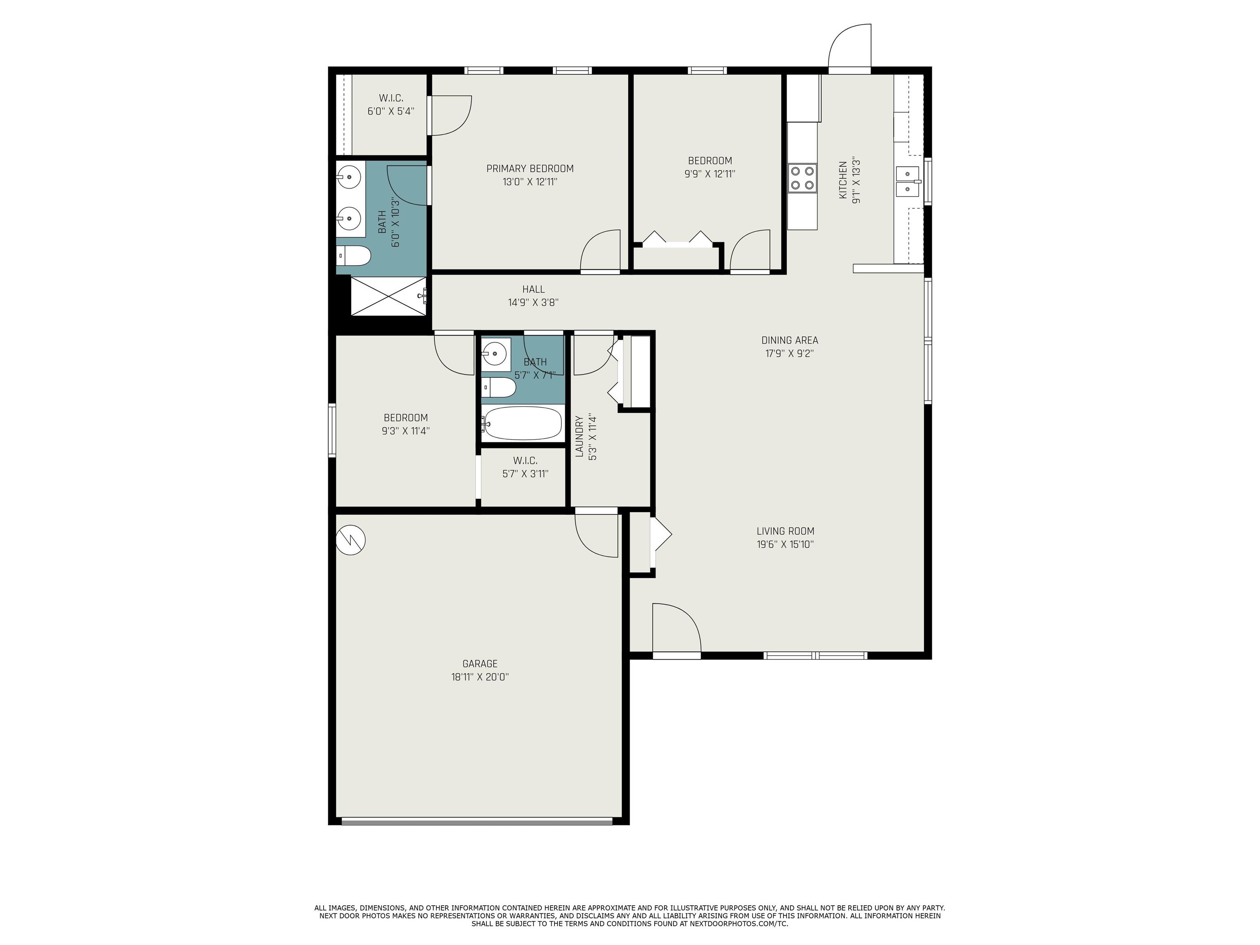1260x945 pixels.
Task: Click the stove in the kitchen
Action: coord(802,178)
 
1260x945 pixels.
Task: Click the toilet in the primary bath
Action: coord(353,256)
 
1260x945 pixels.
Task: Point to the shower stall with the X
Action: coord(388,296)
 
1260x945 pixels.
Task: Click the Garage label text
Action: coord(479,664)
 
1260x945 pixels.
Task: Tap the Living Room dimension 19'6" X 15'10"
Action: coord(785,544)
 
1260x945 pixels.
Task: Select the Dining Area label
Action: coord(790,340)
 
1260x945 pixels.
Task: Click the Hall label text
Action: coord(533,290)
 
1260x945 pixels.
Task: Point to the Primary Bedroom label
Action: coord(530,169)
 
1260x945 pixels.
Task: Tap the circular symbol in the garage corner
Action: coord(350,540)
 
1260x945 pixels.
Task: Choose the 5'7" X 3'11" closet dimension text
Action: coord(525,474)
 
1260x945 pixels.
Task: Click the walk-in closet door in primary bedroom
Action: coord(450,116)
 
